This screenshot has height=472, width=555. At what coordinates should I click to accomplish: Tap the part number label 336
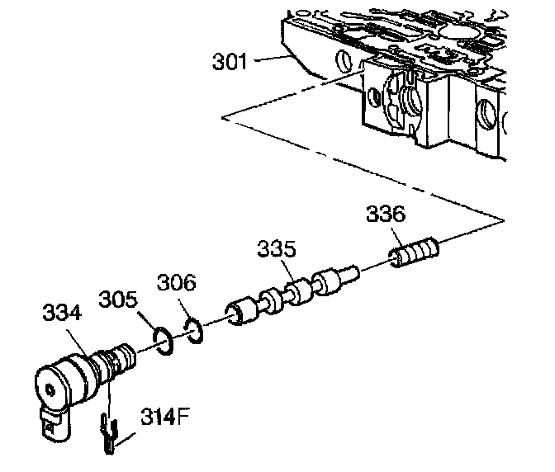click(x=386, y=215)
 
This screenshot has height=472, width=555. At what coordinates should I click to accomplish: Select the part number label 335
click(x=276, y=248)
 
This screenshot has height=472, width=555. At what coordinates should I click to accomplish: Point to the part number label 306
click(x=178, y=284)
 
